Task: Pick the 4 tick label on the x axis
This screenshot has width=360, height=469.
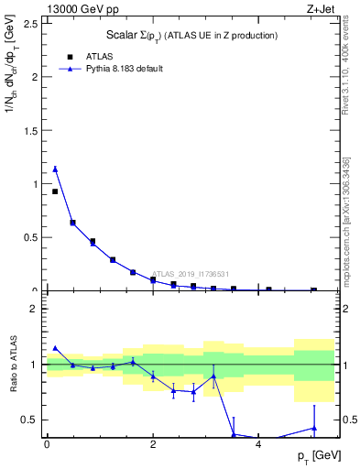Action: click(259, 444)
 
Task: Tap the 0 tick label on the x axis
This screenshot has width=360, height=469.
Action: click(47, 444)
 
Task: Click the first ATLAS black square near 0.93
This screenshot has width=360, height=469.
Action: click(55, 191)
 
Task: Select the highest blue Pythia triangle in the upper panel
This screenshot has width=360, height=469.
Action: click(55, 169)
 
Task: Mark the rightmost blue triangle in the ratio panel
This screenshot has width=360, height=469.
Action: click(313, 428)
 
